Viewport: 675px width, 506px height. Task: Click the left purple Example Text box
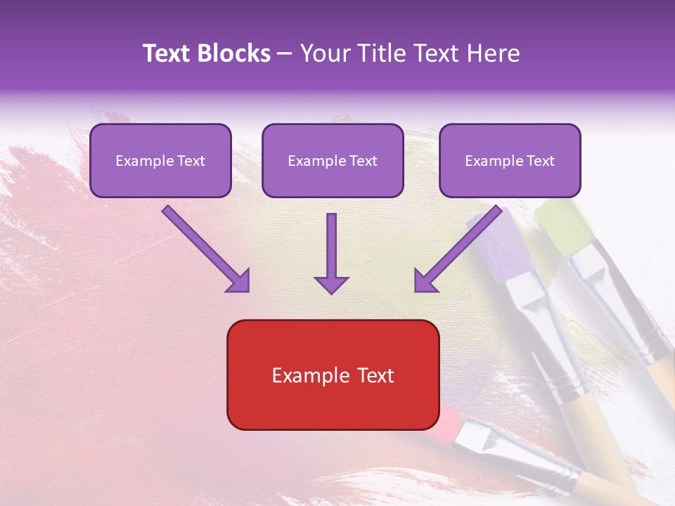(160, 161)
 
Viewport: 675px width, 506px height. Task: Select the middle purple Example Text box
(333, 161)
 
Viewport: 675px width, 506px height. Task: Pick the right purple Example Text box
(510, 161)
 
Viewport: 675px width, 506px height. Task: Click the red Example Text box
(333, 375)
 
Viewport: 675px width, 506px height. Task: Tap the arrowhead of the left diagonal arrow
(239, 281)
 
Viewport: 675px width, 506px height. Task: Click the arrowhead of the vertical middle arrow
(331, 285)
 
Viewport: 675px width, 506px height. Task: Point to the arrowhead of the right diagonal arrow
(425, 281)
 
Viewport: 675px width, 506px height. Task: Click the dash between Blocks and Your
(285, 54)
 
